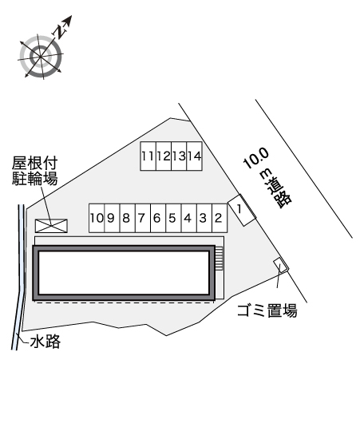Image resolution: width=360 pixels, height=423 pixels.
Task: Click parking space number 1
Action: pos(242,210)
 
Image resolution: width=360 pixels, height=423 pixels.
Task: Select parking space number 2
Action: pos(220,218)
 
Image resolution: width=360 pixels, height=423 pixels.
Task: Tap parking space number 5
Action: pos(173,218)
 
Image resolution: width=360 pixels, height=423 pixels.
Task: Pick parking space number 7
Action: pos(143,218)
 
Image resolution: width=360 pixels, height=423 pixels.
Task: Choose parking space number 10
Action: pos(97,218)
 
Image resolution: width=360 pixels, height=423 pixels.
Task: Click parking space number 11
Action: pos(148,156)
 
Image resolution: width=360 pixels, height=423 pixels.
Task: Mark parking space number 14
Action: pos(195,156)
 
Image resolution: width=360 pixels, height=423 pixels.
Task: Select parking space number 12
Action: pos(164,156)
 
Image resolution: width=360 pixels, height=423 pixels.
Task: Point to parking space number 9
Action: pos(112,218)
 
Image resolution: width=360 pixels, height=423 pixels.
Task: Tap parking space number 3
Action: pos(204,218)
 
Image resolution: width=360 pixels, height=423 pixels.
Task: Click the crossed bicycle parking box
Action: pos(51,226)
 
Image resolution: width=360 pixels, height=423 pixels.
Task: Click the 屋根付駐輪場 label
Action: pos(35,171)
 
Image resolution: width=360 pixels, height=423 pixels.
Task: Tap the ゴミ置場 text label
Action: pos(267,310)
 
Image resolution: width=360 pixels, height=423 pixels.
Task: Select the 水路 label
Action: pos(45,342)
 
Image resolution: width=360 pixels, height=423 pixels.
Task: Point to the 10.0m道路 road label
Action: pos(267,178)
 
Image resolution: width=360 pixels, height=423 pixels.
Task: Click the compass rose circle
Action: pos(41,57)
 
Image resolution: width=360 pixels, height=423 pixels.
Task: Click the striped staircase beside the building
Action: pos(219,258)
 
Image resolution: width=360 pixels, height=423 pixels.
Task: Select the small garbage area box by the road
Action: pos(281,265)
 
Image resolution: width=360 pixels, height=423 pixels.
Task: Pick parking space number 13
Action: pos(179,156)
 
